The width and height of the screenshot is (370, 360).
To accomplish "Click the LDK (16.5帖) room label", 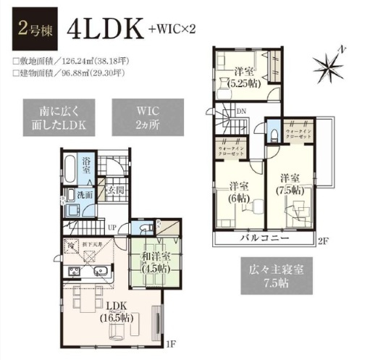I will (x=114, y=309).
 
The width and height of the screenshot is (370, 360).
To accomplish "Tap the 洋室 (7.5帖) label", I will (x=290, y=185).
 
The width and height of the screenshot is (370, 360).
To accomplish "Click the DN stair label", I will (x=241, y=110).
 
